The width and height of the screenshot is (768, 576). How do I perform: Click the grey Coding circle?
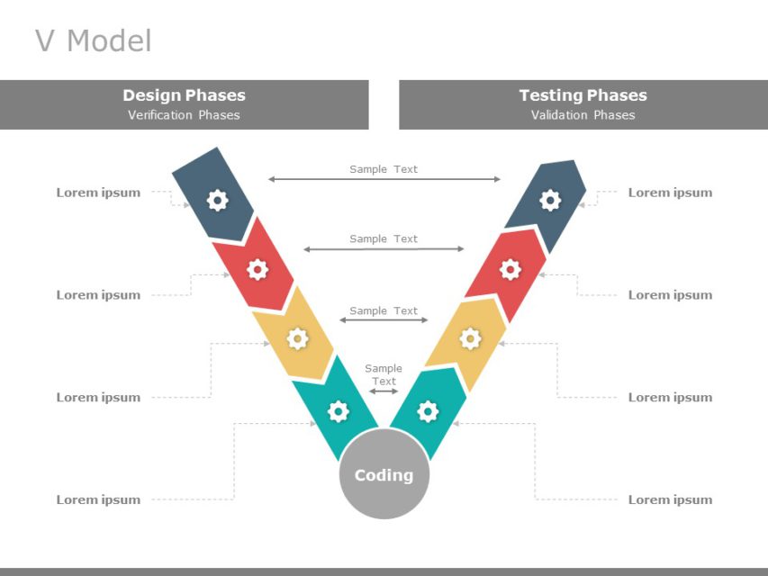[384, 474]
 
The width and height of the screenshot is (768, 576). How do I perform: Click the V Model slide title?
[93, 40]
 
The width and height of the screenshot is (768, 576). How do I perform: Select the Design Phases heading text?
[184, 95]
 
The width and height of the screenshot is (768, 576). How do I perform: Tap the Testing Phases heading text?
[583, 95]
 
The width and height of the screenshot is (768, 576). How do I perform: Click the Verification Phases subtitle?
[184, 115]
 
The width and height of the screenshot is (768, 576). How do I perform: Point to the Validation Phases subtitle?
[583, 115]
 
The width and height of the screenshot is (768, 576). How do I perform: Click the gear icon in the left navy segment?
[217, 200]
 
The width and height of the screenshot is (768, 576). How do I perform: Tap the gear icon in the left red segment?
[258, 268]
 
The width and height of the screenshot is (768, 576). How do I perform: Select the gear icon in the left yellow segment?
[297, 338]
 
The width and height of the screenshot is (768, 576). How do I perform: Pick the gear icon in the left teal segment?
[338, 411]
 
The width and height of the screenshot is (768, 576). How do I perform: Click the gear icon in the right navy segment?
[550, 200]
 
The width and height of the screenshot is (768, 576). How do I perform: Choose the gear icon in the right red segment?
[510, 268]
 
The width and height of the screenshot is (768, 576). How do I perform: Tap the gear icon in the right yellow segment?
[470, 338]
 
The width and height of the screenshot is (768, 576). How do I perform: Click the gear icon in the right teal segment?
[429, 411]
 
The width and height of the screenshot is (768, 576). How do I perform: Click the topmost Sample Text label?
[384, 169]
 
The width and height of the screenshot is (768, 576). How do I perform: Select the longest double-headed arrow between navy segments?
[384, 179]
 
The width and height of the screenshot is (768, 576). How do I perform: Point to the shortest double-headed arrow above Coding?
[384, 391]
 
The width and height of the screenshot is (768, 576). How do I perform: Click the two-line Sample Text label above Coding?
[384, 374]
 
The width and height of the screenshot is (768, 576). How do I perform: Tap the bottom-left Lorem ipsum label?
[98, 499]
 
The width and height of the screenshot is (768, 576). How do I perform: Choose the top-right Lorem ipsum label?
[670, 193]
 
